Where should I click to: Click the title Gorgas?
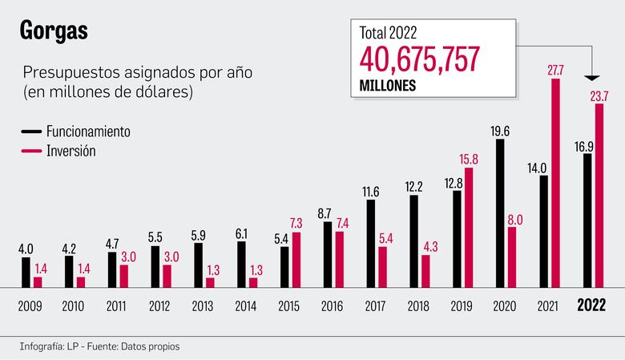click(x=54, y=31)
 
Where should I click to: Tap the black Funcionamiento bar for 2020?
click(x=501, y=213)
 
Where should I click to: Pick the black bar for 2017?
click(x=371, y=243)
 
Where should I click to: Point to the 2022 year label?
click(x=593, y=306)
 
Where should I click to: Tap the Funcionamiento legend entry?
click(x=87, y=131)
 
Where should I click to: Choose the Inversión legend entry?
click(x=71, y=151)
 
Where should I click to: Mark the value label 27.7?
click(x=555, y=71)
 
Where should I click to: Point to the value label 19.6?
click(x=501, y=131)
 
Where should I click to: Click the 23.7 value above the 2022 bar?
click(x=599, y=96)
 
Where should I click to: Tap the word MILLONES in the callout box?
click(x=387, y=84)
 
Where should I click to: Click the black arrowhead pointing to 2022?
click(x=592, y=78)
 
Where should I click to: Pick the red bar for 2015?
click(x=296, y=259)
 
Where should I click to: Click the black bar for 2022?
click(x=587, y=220)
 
